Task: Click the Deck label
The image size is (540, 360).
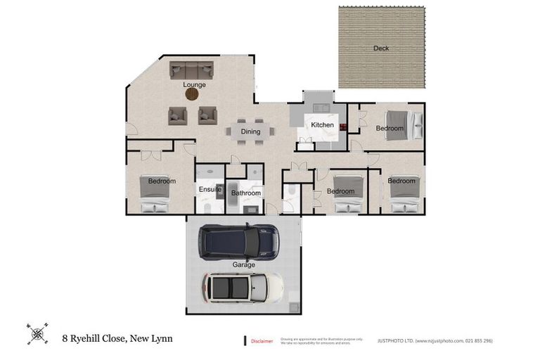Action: pos(381,49)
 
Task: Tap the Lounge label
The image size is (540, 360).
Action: pos(195,84)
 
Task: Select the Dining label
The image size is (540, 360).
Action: pos(250,131)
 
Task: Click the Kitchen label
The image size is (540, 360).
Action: pos(323,125)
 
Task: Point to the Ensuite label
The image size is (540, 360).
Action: pos(210,190)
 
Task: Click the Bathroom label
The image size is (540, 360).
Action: pos(246,193)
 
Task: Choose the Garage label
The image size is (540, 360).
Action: pos(244,265)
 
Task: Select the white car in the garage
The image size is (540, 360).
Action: pos(243,288)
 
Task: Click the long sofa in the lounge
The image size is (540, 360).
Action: pos(192,70)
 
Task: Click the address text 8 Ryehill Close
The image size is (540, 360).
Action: pos(117,338)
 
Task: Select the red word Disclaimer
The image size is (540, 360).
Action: pos(262,341)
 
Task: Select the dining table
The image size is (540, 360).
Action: pos(250,131)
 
